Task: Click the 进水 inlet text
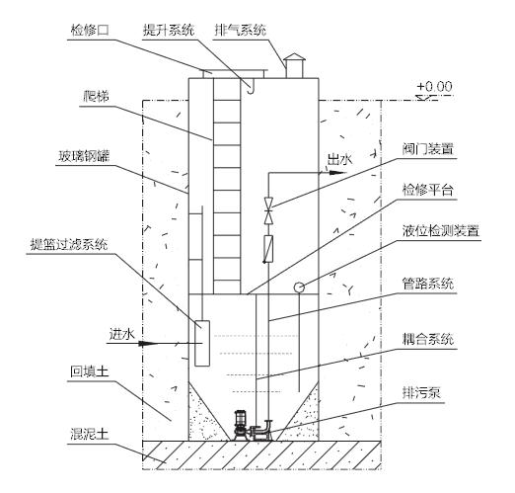coord(120,335)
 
